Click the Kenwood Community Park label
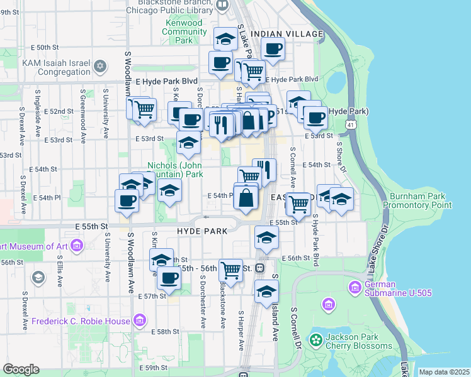[x=184, y=31]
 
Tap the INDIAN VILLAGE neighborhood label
[x=287, y=33]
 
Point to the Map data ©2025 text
[x=443, y=372]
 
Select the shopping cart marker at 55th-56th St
[x=231, y=270]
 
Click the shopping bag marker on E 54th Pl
[x=246, y=197]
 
